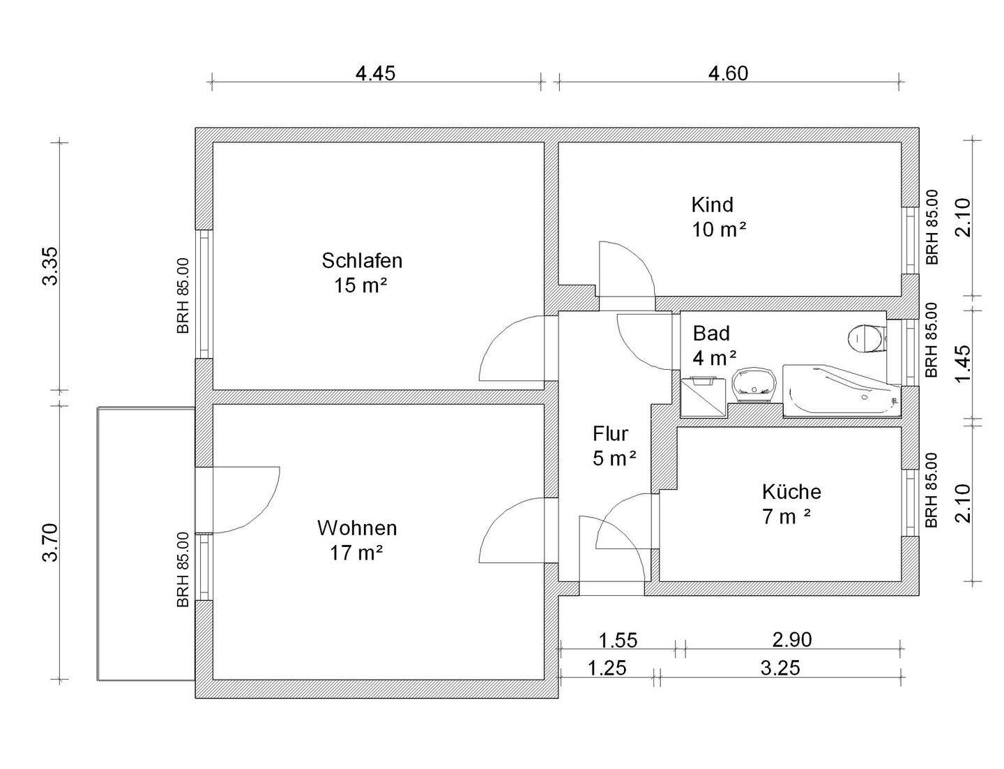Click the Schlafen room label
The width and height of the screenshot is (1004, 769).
click(x=362, y=261)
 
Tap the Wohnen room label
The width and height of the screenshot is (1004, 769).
click(x=357, y=528)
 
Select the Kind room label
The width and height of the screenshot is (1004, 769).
click(x=712, y=204)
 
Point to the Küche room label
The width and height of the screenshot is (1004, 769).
click(x=791, y=492)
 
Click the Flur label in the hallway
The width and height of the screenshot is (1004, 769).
click(x=610, y=434)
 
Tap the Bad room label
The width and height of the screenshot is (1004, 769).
click(x=710, y=333)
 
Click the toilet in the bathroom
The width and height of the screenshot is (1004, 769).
click(x=866, y=338)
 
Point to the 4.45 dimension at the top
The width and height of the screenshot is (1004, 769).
click(x=375, y=73)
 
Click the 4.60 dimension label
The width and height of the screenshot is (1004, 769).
click(x=728, y=73)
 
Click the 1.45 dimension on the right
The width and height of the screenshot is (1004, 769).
click(x=963, y=364)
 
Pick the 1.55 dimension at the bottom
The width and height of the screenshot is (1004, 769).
click(x=618, y=640)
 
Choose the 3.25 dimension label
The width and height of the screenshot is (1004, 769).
click(x=779, y=669)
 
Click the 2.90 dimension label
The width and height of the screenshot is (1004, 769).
click(x=792, y=639)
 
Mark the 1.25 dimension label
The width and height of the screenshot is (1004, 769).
click(x=607, y=669)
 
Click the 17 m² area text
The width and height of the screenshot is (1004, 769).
click(x=357, y=553)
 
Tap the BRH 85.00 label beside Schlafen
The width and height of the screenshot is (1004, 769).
click(x=183, y=295)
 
